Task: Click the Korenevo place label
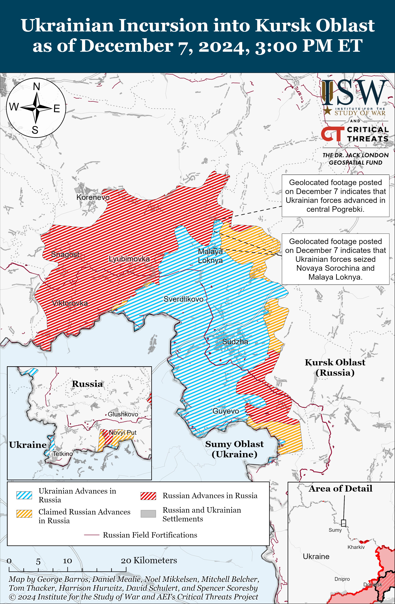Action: click(x=93, y=197)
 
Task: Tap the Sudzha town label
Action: click(x=235, y=342)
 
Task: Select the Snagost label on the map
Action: click(x=65, y=254)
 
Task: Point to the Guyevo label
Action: click(x=226, y=411)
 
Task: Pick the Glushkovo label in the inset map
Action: click(x=123, y=414)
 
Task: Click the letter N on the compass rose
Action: click(x=37, y=87)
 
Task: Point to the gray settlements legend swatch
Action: click(x=148, y=514)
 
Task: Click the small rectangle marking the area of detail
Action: click(x=343, y=523)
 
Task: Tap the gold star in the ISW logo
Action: click(x=328, y=110)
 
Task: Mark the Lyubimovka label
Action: click(x=129, y=259)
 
